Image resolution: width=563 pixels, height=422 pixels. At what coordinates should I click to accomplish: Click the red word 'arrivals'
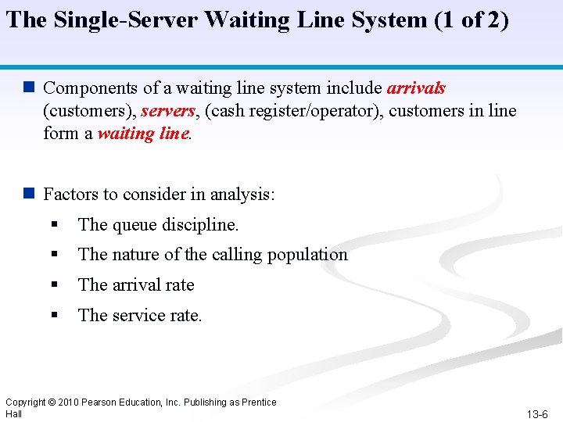click(x=416, y=88)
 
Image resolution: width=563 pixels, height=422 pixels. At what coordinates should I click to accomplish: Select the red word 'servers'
click(x=167, y=111)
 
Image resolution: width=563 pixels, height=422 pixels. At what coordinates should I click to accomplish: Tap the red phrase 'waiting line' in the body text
click(x=143, y=134)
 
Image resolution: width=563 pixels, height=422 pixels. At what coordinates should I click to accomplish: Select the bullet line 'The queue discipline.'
click(x=158, y=225)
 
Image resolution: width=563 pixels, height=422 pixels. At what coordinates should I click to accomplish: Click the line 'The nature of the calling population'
click(x=213, y=255)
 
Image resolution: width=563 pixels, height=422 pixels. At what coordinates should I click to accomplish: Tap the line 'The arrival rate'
click(x=136, y=285)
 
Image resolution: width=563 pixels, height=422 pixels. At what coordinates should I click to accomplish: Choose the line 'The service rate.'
click(x=140, y=316)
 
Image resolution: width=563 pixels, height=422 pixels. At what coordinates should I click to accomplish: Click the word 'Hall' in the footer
click(x=13, y=413)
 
